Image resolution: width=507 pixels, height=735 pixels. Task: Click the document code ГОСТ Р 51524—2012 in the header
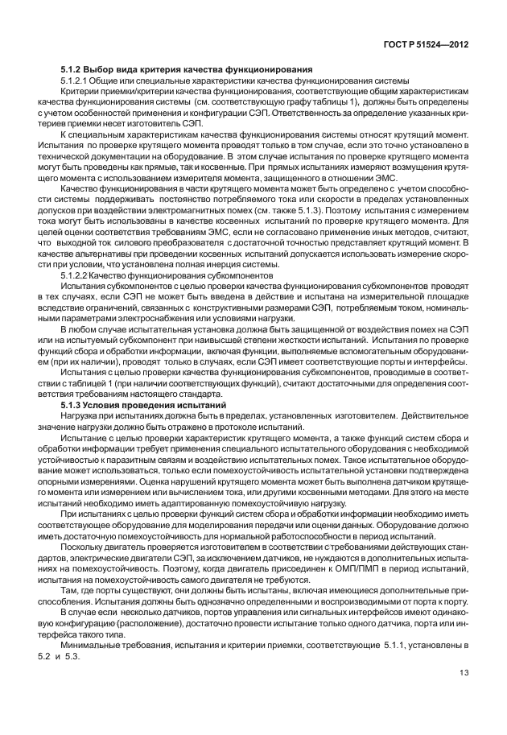[423, 46]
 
